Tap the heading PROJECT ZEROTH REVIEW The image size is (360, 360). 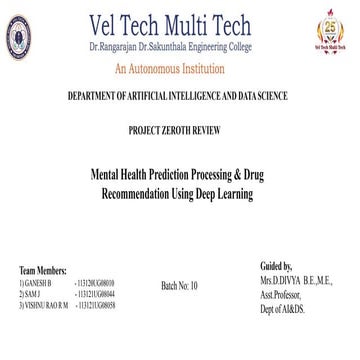coord(180,131)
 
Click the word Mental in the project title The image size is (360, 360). coord(126,172)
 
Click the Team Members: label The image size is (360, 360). coord(43,271)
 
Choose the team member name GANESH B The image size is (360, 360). coord(43,283)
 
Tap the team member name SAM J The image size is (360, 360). coord(37,293)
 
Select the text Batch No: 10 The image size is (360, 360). coord(180,286)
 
